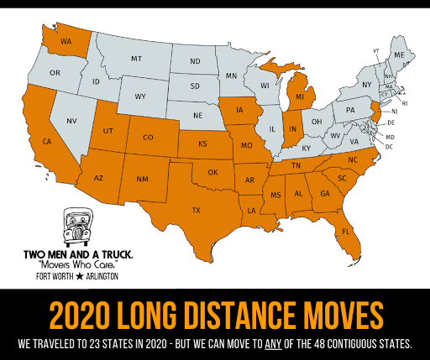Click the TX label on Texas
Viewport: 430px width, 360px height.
197,209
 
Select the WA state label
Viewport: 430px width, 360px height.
64,41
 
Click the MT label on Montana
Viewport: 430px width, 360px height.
135,60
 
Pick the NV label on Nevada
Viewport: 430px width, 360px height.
72,122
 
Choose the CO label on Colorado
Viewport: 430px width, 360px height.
148,137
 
